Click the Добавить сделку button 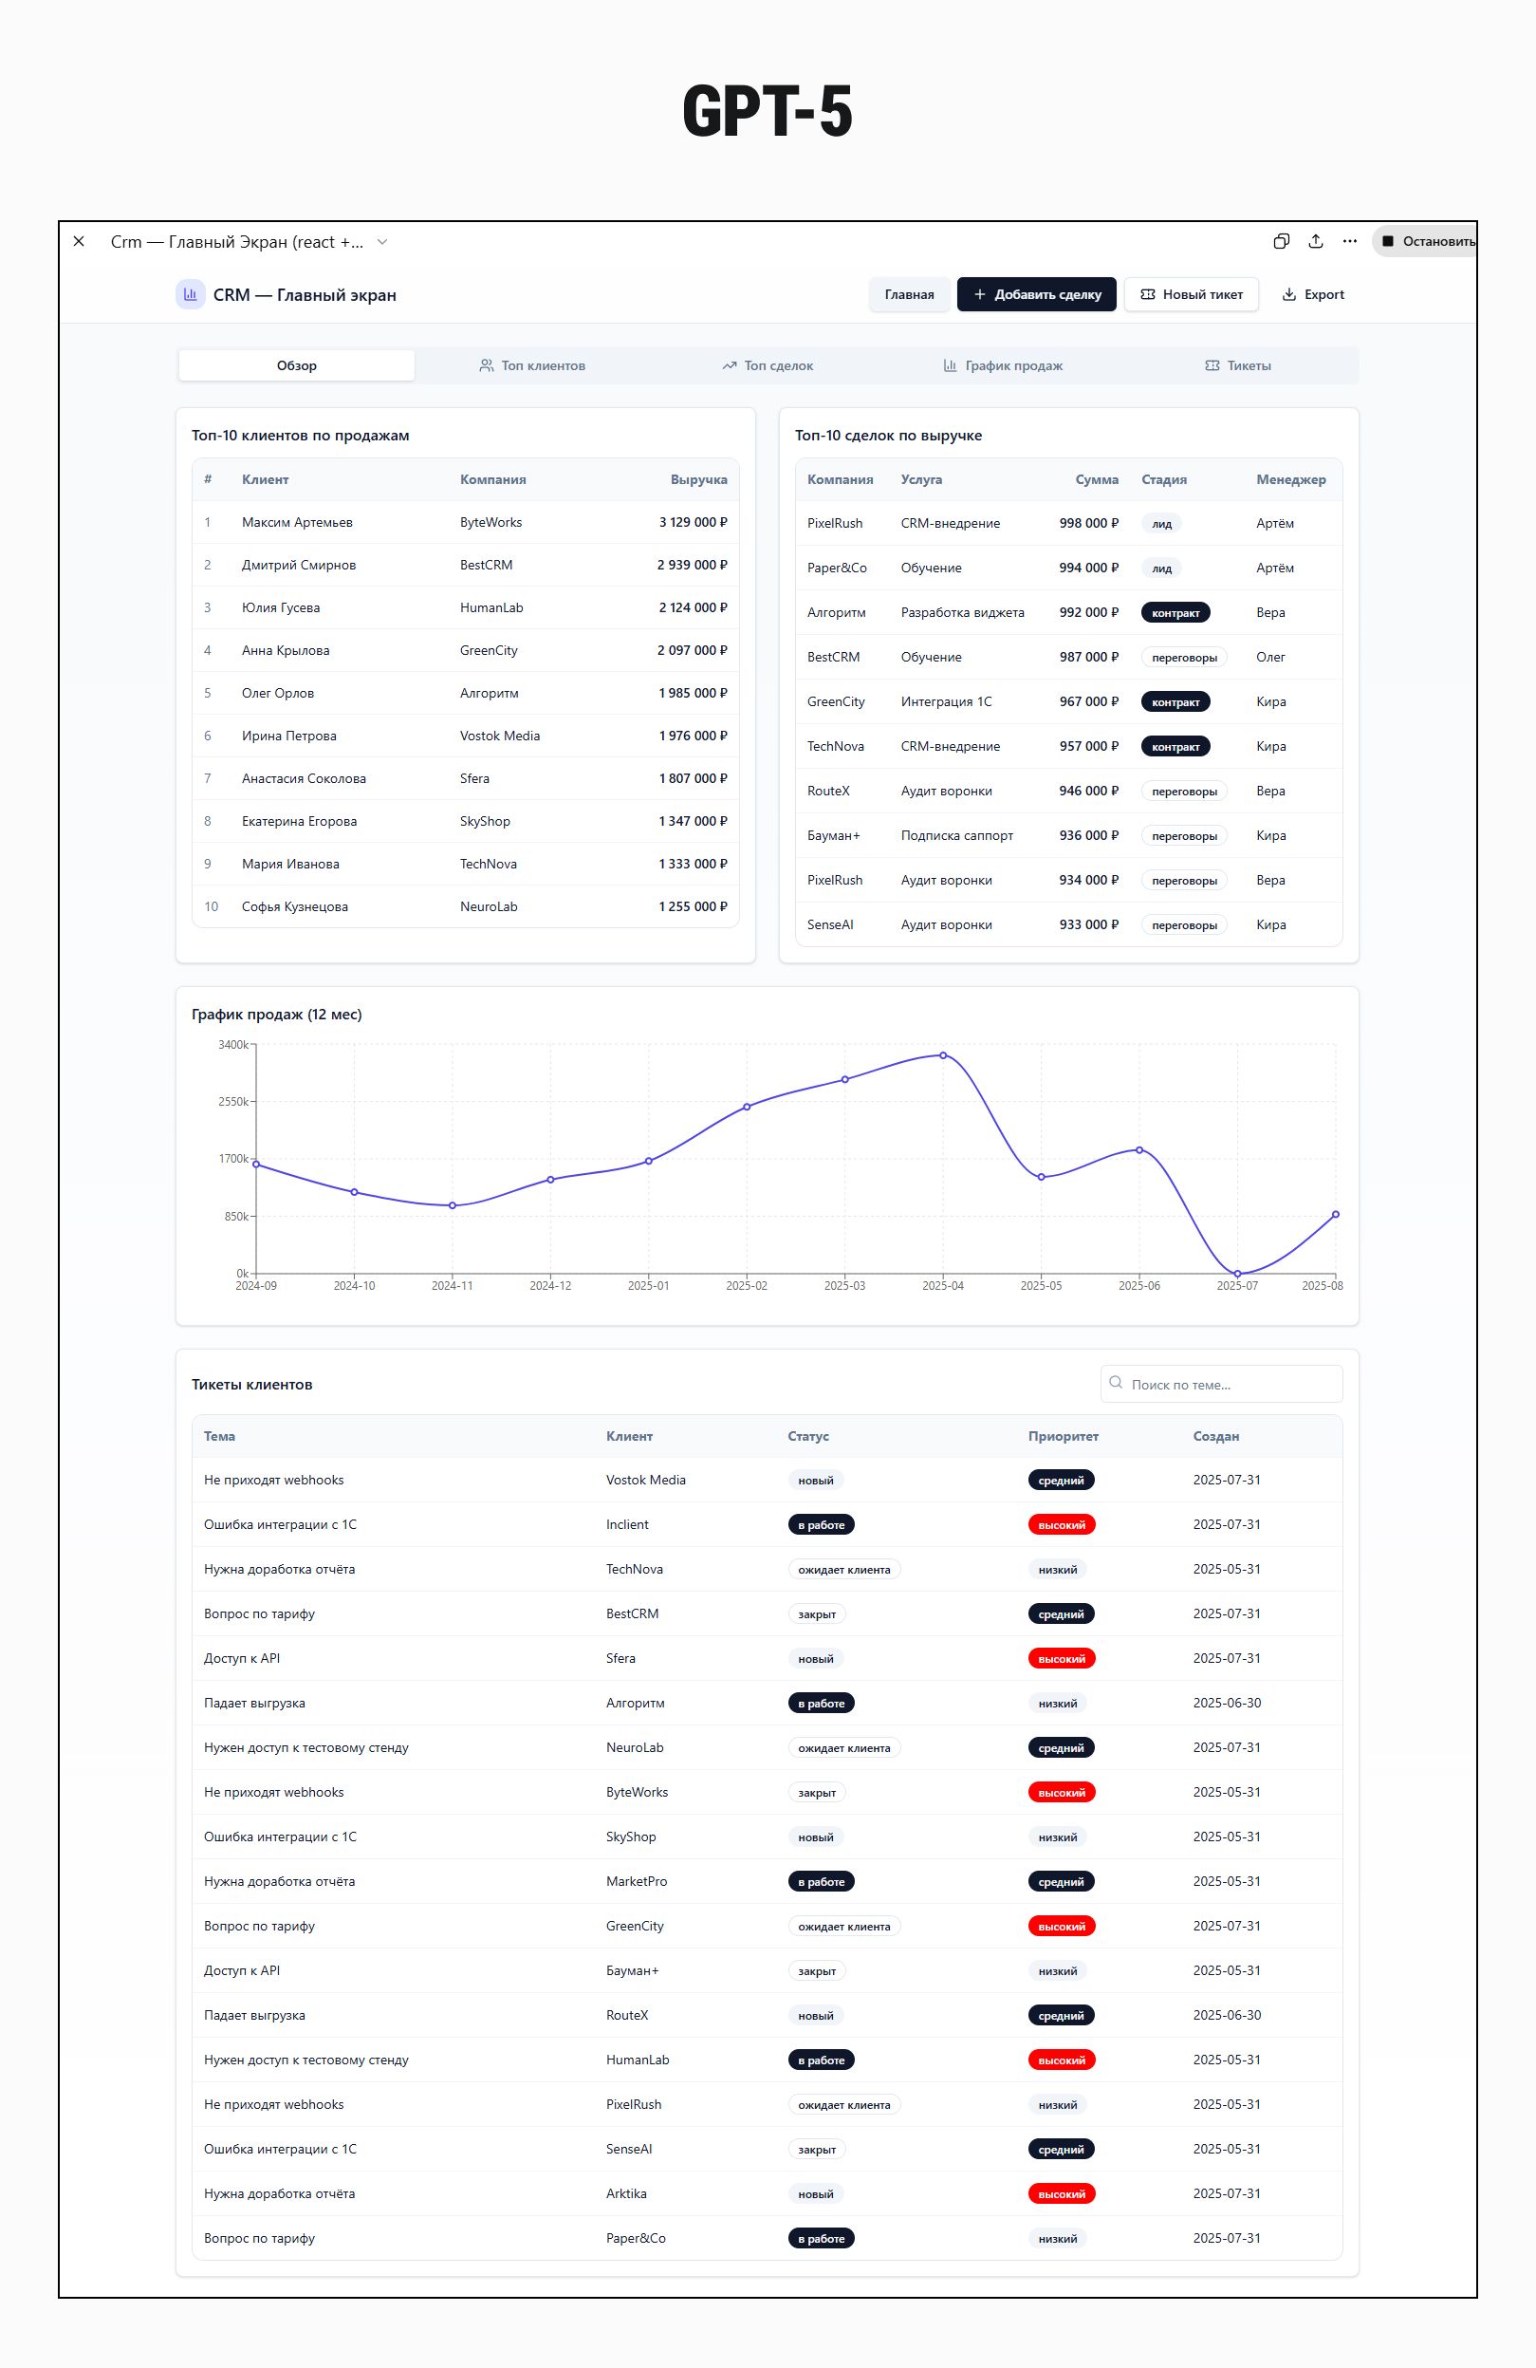point(1036,294)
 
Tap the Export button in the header point(1312,294)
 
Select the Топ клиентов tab point(532,365)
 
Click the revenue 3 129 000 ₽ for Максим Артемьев point(693,522)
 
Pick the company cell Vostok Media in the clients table point(499,737)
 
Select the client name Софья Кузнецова point(294,906)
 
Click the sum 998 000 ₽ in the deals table point(1088,523)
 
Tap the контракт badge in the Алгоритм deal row point(1175,613)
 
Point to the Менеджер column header point(1290,479)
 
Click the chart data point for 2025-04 point(943,1055)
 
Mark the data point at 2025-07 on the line point(1237,1274)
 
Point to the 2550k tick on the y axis point(232,1101)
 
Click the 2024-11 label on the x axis point(452,1285)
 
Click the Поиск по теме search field point(1229,1384)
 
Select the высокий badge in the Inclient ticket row point(1062,1525)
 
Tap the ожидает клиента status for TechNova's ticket point(843,1569)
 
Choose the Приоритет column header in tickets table point(1063,1436)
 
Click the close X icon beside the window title point(80,242)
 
